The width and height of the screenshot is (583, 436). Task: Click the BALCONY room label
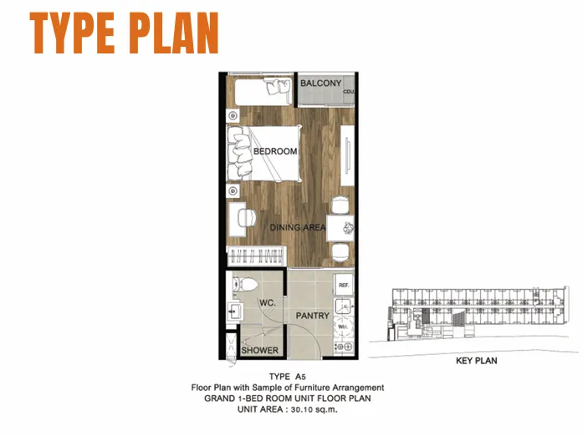click(320, 84)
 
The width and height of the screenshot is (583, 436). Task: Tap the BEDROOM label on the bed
click(275, 151)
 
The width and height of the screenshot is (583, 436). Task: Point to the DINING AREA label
click(298, 227)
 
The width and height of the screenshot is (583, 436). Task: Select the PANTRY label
click(312, 316)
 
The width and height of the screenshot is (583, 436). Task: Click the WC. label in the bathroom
click(268, 302)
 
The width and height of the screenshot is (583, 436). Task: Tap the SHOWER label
click(259, 350)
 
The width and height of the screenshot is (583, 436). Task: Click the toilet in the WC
click(245, 285)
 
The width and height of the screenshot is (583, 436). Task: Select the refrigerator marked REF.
click(344, 285)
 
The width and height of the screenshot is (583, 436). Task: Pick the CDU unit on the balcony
click(349, 91)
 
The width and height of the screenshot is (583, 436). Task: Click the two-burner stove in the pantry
click(344, 347)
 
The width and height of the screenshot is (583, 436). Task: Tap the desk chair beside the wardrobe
click(247, 217)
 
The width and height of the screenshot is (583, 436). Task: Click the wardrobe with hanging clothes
click(256, 256)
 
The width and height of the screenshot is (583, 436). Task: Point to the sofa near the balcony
click(263, 91)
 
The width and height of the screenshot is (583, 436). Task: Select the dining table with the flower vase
click(340, 228)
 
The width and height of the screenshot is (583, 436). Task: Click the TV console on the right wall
click(347, 155)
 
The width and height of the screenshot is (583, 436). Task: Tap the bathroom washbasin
click(234, 312)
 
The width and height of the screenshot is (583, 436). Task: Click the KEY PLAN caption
click(476, 361)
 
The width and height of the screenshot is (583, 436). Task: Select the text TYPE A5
click(288, 377)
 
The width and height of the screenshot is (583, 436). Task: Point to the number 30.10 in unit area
click(301, 410)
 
